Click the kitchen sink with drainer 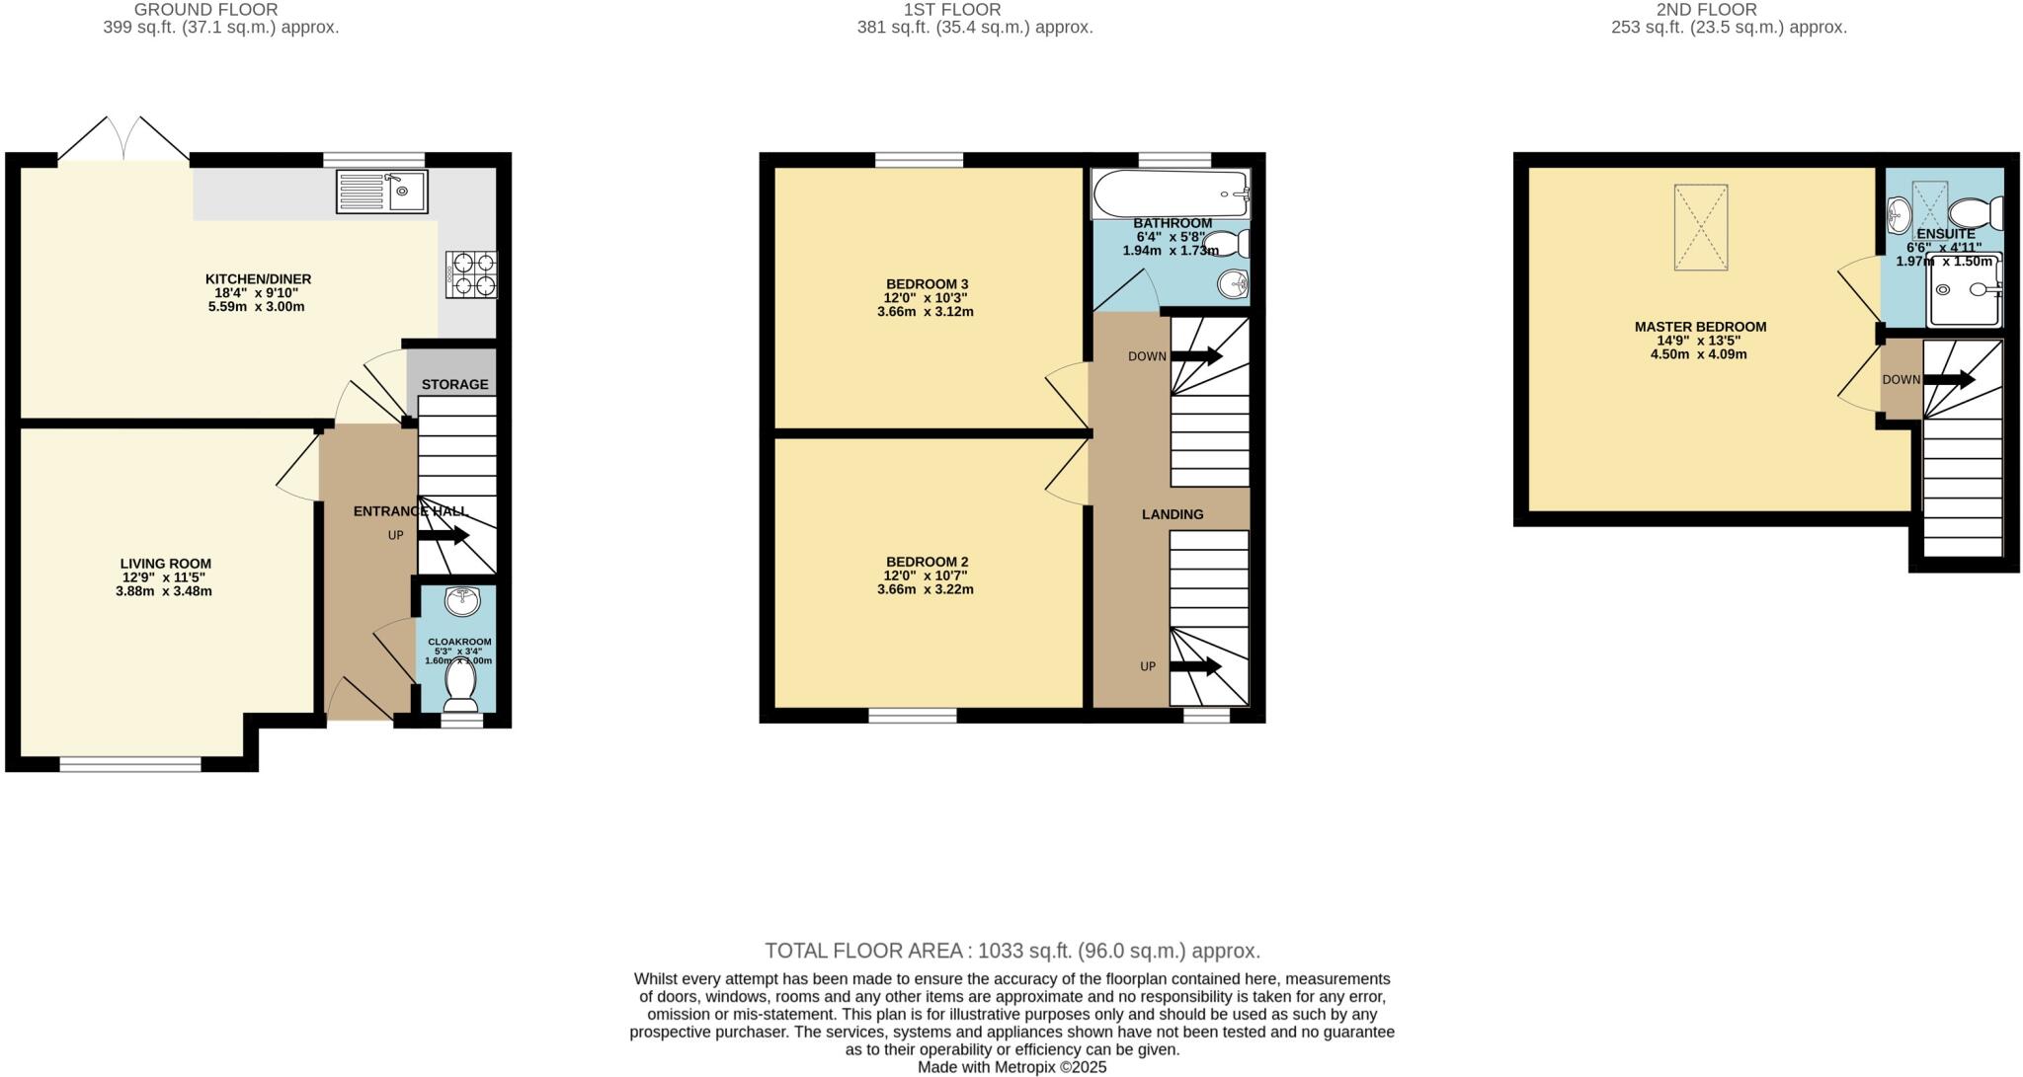(x=381, y=192)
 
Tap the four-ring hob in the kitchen (x=472, y=274)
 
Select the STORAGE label (x=454, y=384)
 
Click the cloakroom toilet (x=460, y=683)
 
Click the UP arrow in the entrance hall (x=443, y=536)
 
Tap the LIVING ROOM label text (x=166, y=564)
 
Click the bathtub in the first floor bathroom (x=1170, y=193)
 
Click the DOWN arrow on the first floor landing (x=1196, y=356)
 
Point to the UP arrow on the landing (x=1195, y=666)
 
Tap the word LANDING (x=1173, y=514)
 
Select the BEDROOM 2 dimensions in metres (x=926, y=589)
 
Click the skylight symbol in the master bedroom (x=1700, y=227)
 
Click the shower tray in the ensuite (x=1964, y=289)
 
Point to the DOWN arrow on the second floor (x=1948, y=380)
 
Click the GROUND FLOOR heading (x=205, y=10)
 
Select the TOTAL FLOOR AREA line (x=1012, y=951)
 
